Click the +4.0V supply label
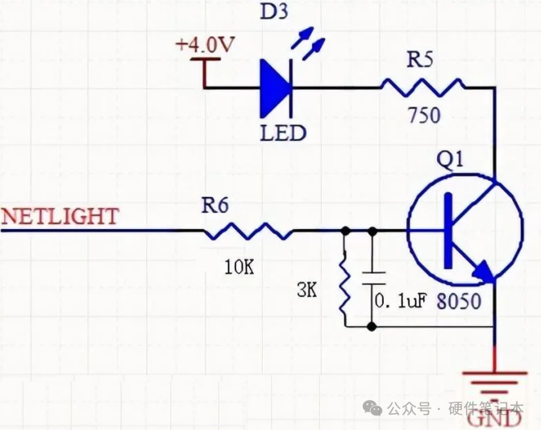click(x=206, y=44)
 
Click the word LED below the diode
click(x=282, y=132)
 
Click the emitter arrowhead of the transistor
click(x=483, y=273)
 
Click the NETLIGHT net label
click(x=60, y=216)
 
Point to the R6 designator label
click(x=215, y=206)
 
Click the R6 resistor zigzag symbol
click(x=248, y=232)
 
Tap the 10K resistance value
click(x=239, y=265)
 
